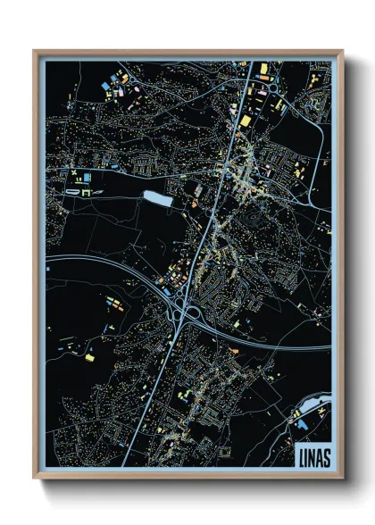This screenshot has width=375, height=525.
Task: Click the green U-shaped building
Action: pos(87,191)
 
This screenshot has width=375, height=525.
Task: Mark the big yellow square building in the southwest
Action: pos(89,357)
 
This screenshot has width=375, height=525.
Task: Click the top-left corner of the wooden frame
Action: pos(35,52)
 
